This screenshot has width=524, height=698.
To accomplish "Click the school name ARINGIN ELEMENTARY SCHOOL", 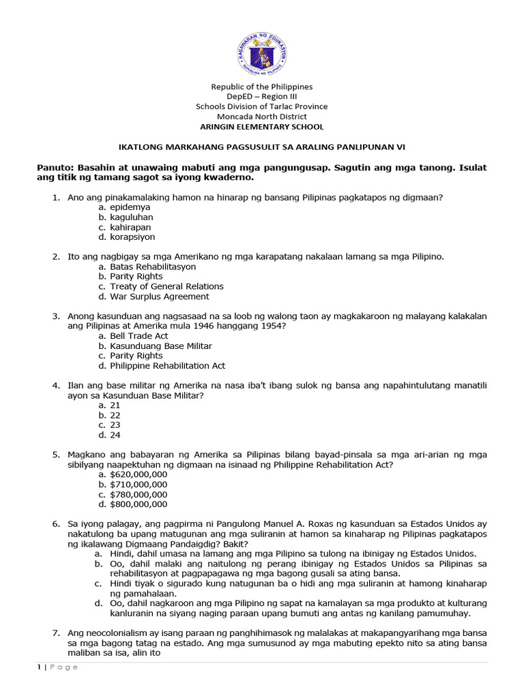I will point(261,127).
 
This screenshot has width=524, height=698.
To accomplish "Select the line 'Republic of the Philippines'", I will point(261,87).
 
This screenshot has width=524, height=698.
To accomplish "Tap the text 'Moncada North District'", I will point(261,117).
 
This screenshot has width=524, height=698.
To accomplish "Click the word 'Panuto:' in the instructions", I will point(55,168).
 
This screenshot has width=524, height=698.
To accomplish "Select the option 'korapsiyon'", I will point(132,237).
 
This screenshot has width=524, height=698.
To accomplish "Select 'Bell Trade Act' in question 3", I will point(139,336).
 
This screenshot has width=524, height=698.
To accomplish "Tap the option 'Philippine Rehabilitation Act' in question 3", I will point(167,366).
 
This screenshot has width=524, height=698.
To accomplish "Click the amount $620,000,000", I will point(138,474).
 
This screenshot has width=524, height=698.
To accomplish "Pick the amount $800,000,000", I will point(138,504).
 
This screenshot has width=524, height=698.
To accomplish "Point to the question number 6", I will point(56,523).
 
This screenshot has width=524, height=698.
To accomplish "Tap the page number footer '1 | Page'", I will point(57,667).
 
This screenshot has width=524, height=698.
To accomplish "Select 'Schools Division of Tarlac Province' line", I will point(261,106).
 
